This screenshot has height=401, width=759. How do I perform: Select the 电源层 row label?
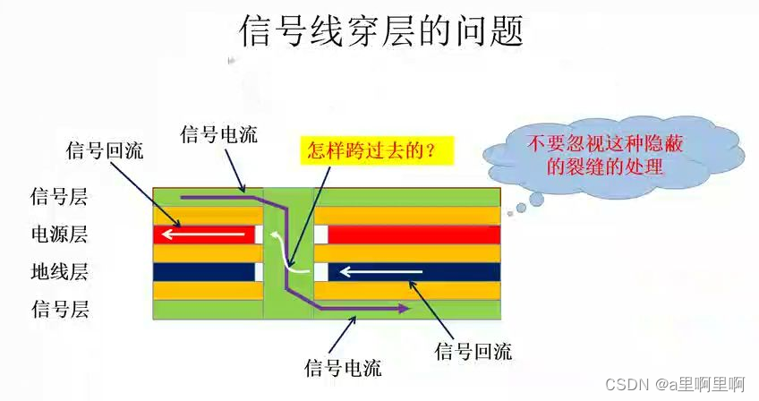point(60,235)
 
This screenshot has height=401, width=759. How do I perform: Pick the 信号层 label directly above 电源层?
point(60,197)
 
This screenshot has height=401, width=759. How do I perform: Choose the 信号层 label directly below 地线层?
point(60,310)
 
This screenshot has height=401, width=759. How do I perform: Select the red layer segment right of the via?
point(412,235)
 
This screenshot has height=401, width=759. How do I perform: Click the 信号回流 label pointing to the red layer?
point(105,149)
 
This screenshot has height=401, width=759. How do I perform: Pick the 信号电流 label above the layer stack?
point(218,134)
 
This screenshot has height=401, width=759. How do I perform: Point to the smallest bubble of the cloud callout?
point(508,213)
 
